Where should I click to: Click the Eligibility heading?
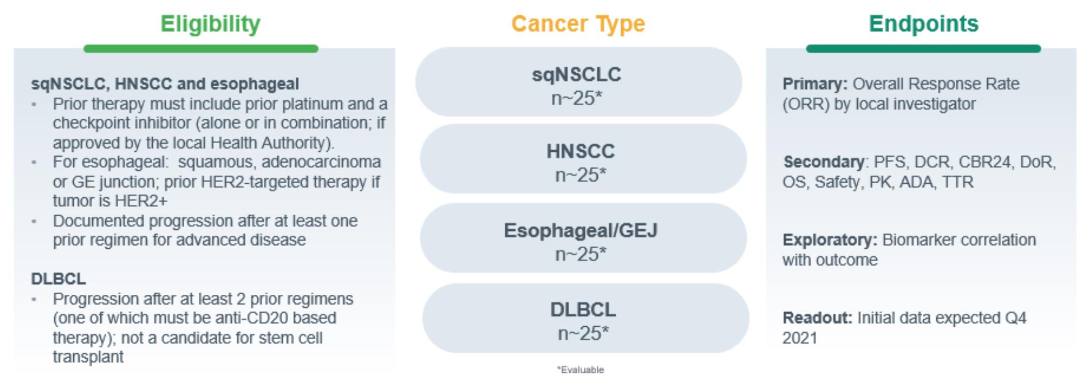click(210, 24)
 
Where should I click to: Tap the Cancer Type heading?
click(578, 24)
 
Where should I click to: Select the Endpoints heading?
click(924, 24)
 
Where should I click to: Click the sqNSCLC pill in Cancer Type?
click(578, 81)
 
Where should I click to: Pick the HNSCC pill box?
click(583, 159)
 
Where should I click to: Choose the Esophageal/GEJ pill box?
click(583, 238)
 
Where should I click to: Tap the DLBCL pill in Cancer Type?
click(585, 318)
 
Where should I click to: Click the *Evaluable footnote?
click(580, 370)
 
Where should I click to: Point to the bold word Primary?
click(815, 84)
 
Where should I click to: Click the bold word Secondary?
click(823, 162)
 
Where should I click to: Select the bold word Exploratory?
click(830, 240)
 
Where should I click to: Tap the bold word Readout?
click(817, 318)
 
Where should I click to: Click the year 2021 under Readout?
click(800, 338)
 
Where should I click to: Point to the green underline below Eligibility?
click(201, 48)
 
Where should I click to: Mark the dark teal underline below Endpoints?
click(923, 48)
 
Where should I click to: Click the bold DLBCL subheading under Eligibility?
click(58, 279)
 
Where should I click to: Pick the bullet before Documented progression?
click(34, 222)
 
